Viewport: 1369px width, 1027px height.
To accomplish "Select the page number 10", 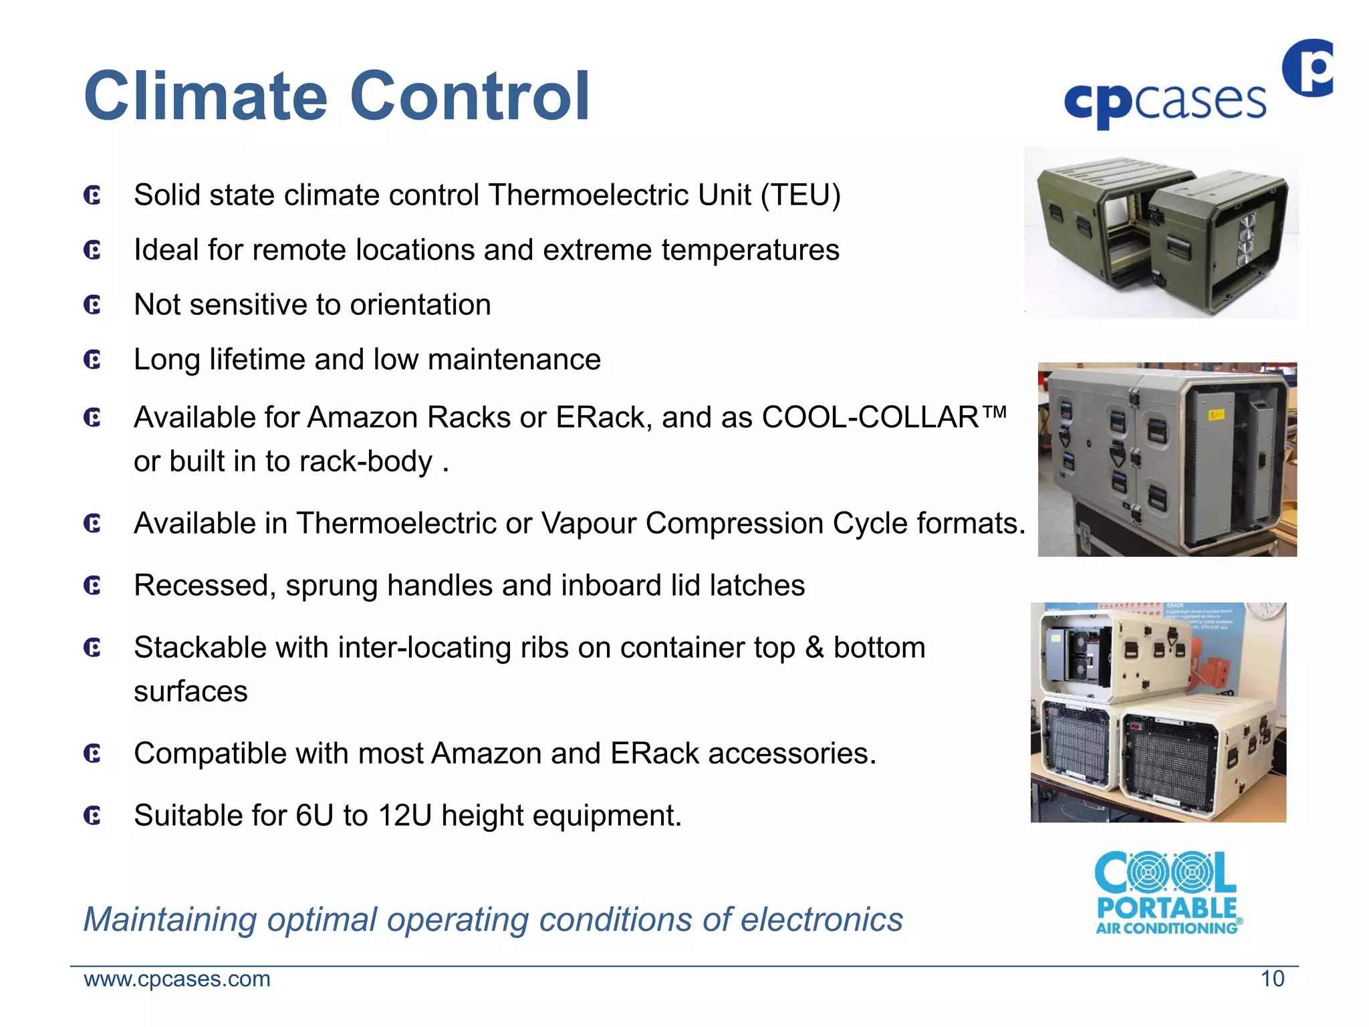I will pos(1272,979).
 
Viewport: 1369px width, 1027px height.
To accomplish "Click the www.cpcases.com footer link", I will pos(177,979).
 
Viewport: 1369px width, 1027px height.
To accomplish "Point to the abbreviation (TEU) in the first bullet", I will pos(800,195).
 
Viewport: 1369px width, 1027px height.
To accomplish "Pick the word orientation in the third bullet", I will pos(420,305).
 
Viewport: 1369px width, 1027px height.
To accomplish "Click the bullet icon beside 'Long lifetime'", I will pos(92,360).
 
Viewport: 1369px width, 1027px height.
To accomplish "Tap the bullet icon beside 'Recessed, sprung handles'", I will pos(92,586).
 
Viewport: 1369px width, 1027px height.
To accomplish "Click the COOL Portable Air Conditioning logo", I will pos(1167,893).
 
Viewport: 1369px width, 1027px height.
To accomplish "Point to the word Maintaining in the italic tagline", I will pos(170,919).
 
